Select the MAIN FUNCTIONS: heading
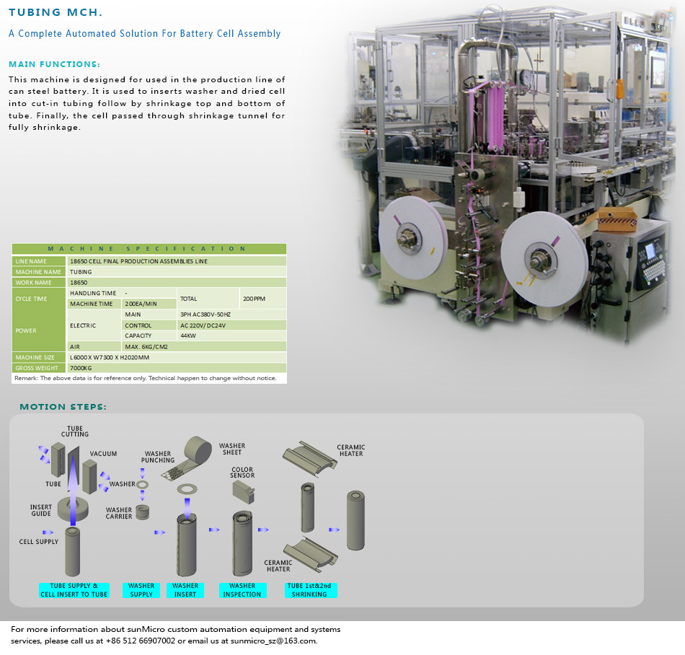point(54,64)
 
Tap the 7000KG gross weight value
point(82,368)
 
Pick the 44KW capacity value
point(189,335)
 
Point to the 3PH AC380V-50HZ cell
point(205,315)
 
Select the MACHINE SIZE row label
point(39,357)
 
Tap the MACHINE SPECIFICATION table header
point(149,249)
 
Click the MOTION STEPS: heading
point(63,407)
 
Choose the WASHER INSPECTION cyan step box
point(242,590)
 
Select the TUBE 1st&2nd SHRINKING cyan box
point(309,590)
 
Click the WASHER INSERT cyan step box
point(185,590)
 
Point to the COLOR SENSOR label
point(242,472)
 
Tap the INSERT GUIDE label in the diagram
point(41,510)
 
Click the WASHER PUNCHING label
point(158,457)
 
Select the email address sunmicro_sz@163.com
point(278,641)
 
